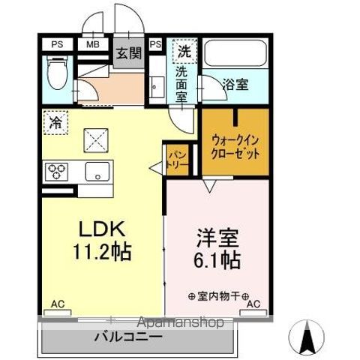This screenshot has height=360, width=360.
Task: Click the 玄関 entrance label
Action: click(128, 52)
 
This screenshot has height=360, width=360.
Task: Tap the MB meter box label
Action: click(93, 44)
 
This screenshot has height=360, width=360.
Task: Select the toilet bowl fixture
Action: click(56, 75)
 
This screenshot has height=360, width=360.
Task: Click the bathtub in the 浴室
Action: click(235, 54)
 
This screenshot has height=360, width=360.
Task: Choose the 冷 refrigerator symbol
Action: click(55, 121)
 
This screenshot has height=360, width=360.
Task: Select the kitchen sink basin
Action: click(97, 171)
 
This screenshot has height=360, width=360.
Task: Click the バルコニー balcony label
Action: click(128, 337)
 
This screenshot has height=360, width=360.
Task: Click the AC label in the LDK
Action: click(57, 304)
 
